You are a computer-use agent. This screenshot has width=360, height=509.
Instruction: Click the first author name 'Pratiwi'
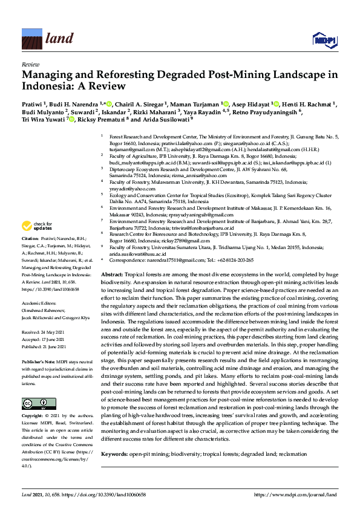point(31,104)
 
